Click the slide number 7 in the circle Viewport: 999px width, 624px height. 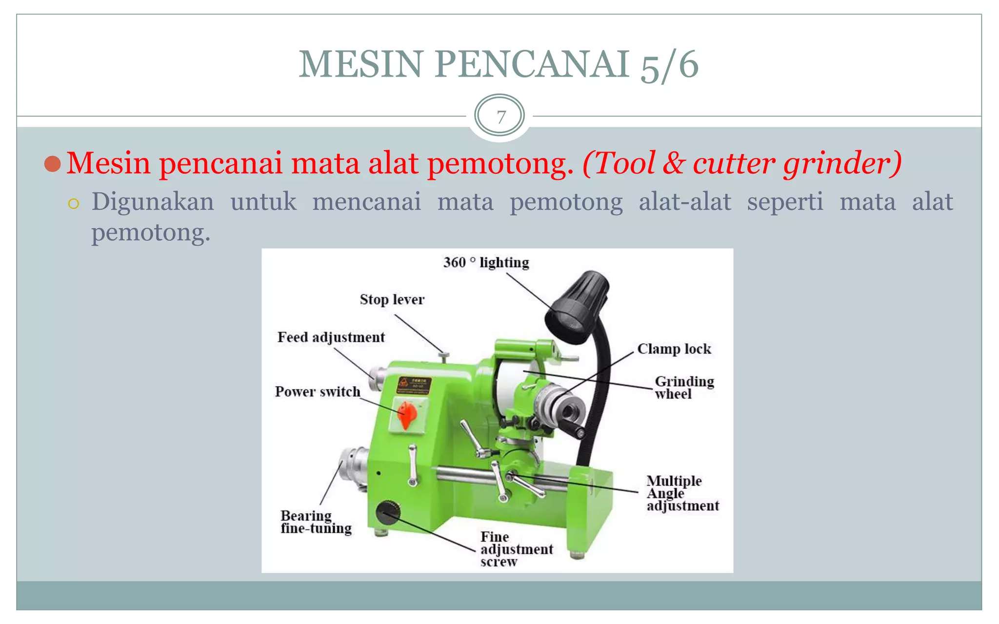tap(499, 117)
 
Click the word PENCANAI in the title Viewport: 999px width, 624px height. tap(531, 64)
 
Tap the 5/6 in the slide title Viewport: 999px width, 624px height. tap(669, 65)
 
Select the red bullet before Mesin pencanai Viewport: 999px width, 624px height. tap(52, 164)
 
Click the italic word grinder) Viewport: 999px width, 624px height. tap(842, 163)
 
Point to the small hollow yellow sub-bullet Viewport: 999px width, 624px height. tap(74, 204)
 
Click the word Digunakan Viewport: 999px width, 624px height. tap(153, 202)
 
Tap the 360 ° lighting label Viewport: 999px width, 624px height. tap(486, 263)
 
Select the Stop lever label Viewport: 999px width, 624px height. tap(392, 299)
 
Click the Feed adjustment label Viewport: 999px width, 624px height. tap(331, 337)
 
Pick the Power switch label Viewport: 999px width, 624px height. tap(318, 392)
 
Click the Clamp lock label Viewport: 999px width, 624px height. tap(674, 349)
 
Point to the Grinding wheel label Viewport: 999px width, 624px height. tap(683, 388)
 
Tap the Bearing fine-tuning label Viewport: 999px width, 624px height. tap(316, 522)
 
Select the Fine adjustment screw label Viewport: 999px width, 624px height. tap(516, 549)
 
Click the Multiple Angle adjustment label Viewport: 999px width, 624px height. tap(682, 493)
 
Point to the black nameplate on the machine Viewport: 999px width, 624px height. tap(414, 385)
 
